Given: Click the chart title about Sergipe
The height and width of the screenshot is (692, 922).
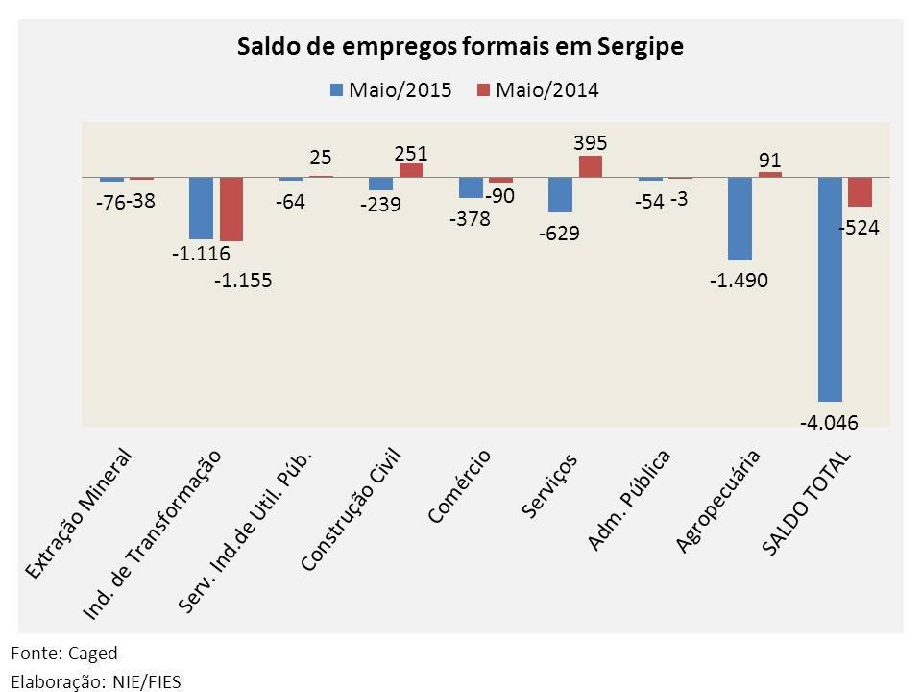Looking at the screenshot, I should coord(460,47).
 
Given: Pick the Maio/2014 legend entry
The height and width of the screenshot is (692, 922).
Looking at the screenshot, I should coord(538,90).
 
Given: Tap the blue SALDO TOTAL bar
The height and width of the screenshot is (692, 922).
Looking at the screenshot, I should coord(830,288).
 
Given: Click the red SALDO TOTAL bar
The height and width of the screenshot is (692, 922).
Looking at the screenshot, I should coord(860,192).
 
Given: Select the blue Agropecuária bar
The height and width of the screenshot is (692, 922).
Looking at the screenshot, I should coord(740,219).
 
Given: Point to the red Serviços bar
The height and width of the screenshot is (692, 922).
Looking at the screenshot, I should coord(591,166).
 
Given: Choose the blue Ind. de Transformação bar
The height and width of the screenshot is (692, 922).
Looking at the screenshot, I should coord(201,208).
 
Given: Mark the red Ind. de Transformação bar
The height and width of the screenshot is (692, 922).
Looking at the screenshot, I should coord(231,209).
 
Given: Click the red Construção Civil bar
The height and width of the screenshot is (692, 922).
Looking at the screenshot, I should coord(411,170).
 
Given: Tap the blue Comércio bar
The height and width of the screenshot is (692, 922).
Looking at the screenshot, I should coord(471,187).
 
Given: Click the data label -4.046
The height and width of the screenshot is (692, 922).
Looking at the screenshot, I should coord(829,421).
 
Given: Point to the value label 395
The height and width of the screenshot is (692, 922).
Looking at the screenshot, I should coord(590,142).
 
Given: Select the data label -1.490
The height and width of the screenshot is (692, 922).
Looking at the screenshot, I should coord(740,280).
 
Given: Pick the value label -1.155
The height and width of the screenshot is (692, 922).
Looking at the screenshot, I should coord(243,281).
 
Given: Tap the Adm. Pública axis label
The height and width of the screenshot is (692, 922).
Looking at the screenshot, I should coord(628,500).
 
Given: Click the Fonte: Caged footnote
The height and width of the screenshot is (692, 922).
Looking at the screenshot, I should coord(64,654).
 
